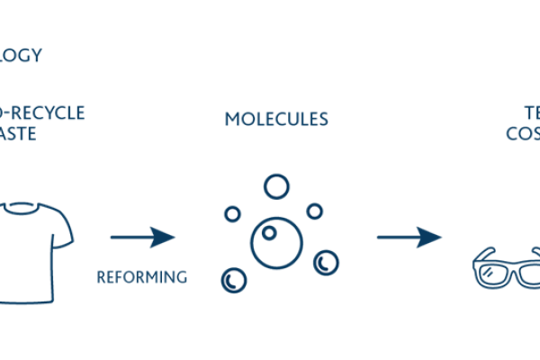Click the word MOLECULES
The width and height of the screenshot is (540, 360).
(276, 119)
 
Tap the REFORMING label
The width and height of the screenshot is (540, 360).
(142, 277)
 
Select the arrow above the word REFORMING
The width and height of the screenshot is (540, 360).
(142, 238)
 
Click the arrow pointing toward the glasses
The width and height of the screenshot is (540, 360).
(409, 238)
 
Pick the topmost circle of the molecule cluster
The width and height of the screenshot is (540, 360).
(276, 186)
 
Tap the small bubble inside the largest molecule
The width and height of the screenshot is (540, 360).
(267, 233)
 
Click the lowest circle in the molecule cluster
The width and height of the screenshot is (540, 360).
(234, 280)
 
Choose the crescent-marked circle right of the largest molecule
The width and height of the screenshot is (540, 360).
(326, 263)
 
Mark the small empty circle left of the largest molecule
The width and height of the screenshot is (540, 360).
(232, 214)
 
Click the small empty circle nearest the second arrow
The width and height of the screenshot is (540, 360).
(314, 211)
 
